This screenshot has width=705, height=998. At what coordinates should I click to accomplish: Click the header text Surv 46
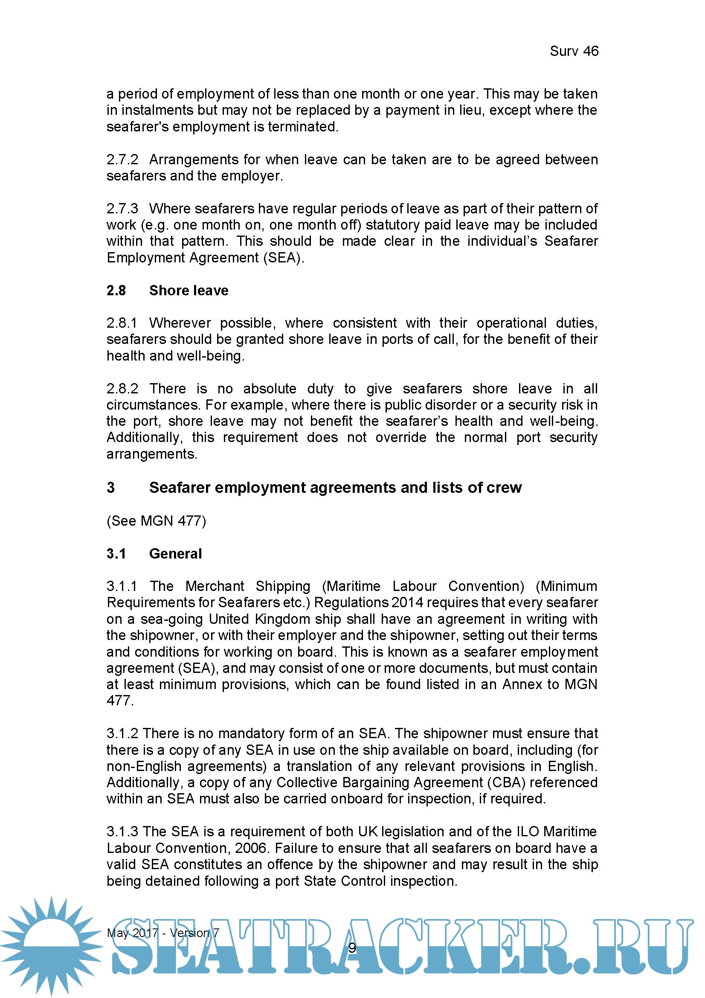574,51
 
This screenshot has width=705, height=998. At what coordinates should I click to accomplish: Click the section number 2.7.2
122,160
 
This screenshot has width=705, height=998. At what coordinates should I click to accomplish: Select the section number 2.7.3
122,209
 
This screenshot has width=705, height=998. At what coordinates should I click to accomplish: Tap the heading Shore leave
189,291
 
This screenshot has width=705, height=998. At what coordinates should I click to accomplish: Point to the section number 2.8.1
122,323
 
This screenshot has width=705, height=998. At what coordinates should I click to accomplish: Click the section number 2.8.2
122,389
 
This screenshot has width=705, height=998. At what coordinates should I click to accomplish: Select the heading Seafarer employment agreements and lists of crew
335,488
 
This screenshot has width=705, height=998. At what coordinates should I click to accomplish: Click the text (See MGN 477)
157,521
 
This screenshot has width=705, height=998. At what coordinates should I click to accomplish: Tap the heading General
175,554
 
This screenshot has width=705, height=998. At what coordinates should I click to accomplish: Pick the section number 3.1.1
122,586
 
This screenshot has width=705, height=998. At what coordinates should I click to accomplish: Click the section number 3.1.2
122,734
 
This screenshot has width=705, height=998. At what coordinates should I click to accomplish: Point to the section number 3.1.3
122,832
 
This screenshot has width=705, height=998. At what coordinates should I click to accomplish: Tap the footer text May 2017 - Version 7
163,933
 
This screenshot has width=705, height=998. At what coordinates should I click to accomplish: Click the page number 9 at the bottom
352,948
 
